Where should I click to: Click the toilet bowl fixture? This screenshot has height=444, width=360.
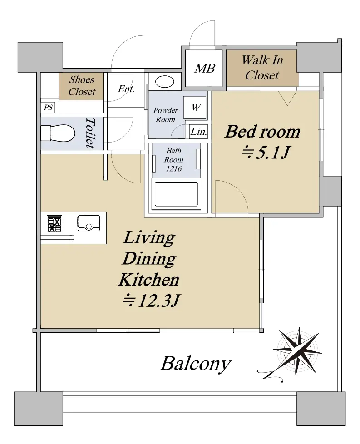tap(58, 133)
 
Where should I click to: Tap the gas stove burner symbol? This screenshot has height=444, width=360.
tap(54, 224)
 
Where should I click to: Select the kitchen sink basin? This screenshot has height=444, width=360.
tap(89, 223)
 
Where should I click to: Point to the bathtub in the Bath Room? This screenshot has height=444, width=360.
tap(176, 194)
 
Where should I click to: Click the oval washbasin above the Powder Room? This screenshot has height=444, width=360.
tap(164, 82)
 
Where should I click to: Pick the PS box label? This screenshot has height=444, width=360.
tap(48, 108)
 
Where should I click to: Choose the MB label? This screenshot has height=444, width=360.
tap(204, 69)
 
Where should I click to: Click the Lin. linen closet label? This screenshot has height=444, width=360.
tap(198, 132)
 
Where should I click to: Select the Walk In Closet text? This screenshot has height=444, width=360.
tap(262, 68)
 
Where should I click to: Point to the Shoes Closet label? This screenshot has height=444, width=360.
tap(82, 85)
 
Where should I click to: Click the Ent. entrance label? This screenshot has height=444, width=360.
tap(126, 89)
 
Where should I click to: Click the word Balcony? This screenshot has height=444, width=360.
tap(196, 364)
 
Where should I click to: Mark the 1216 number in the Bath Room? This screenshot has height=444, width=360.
tap(173, 169)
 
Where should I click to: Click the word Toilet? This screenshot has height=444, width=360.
tap(90, 133)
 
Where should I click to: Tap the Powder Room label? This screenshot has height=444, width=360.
tap(165, 115)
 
